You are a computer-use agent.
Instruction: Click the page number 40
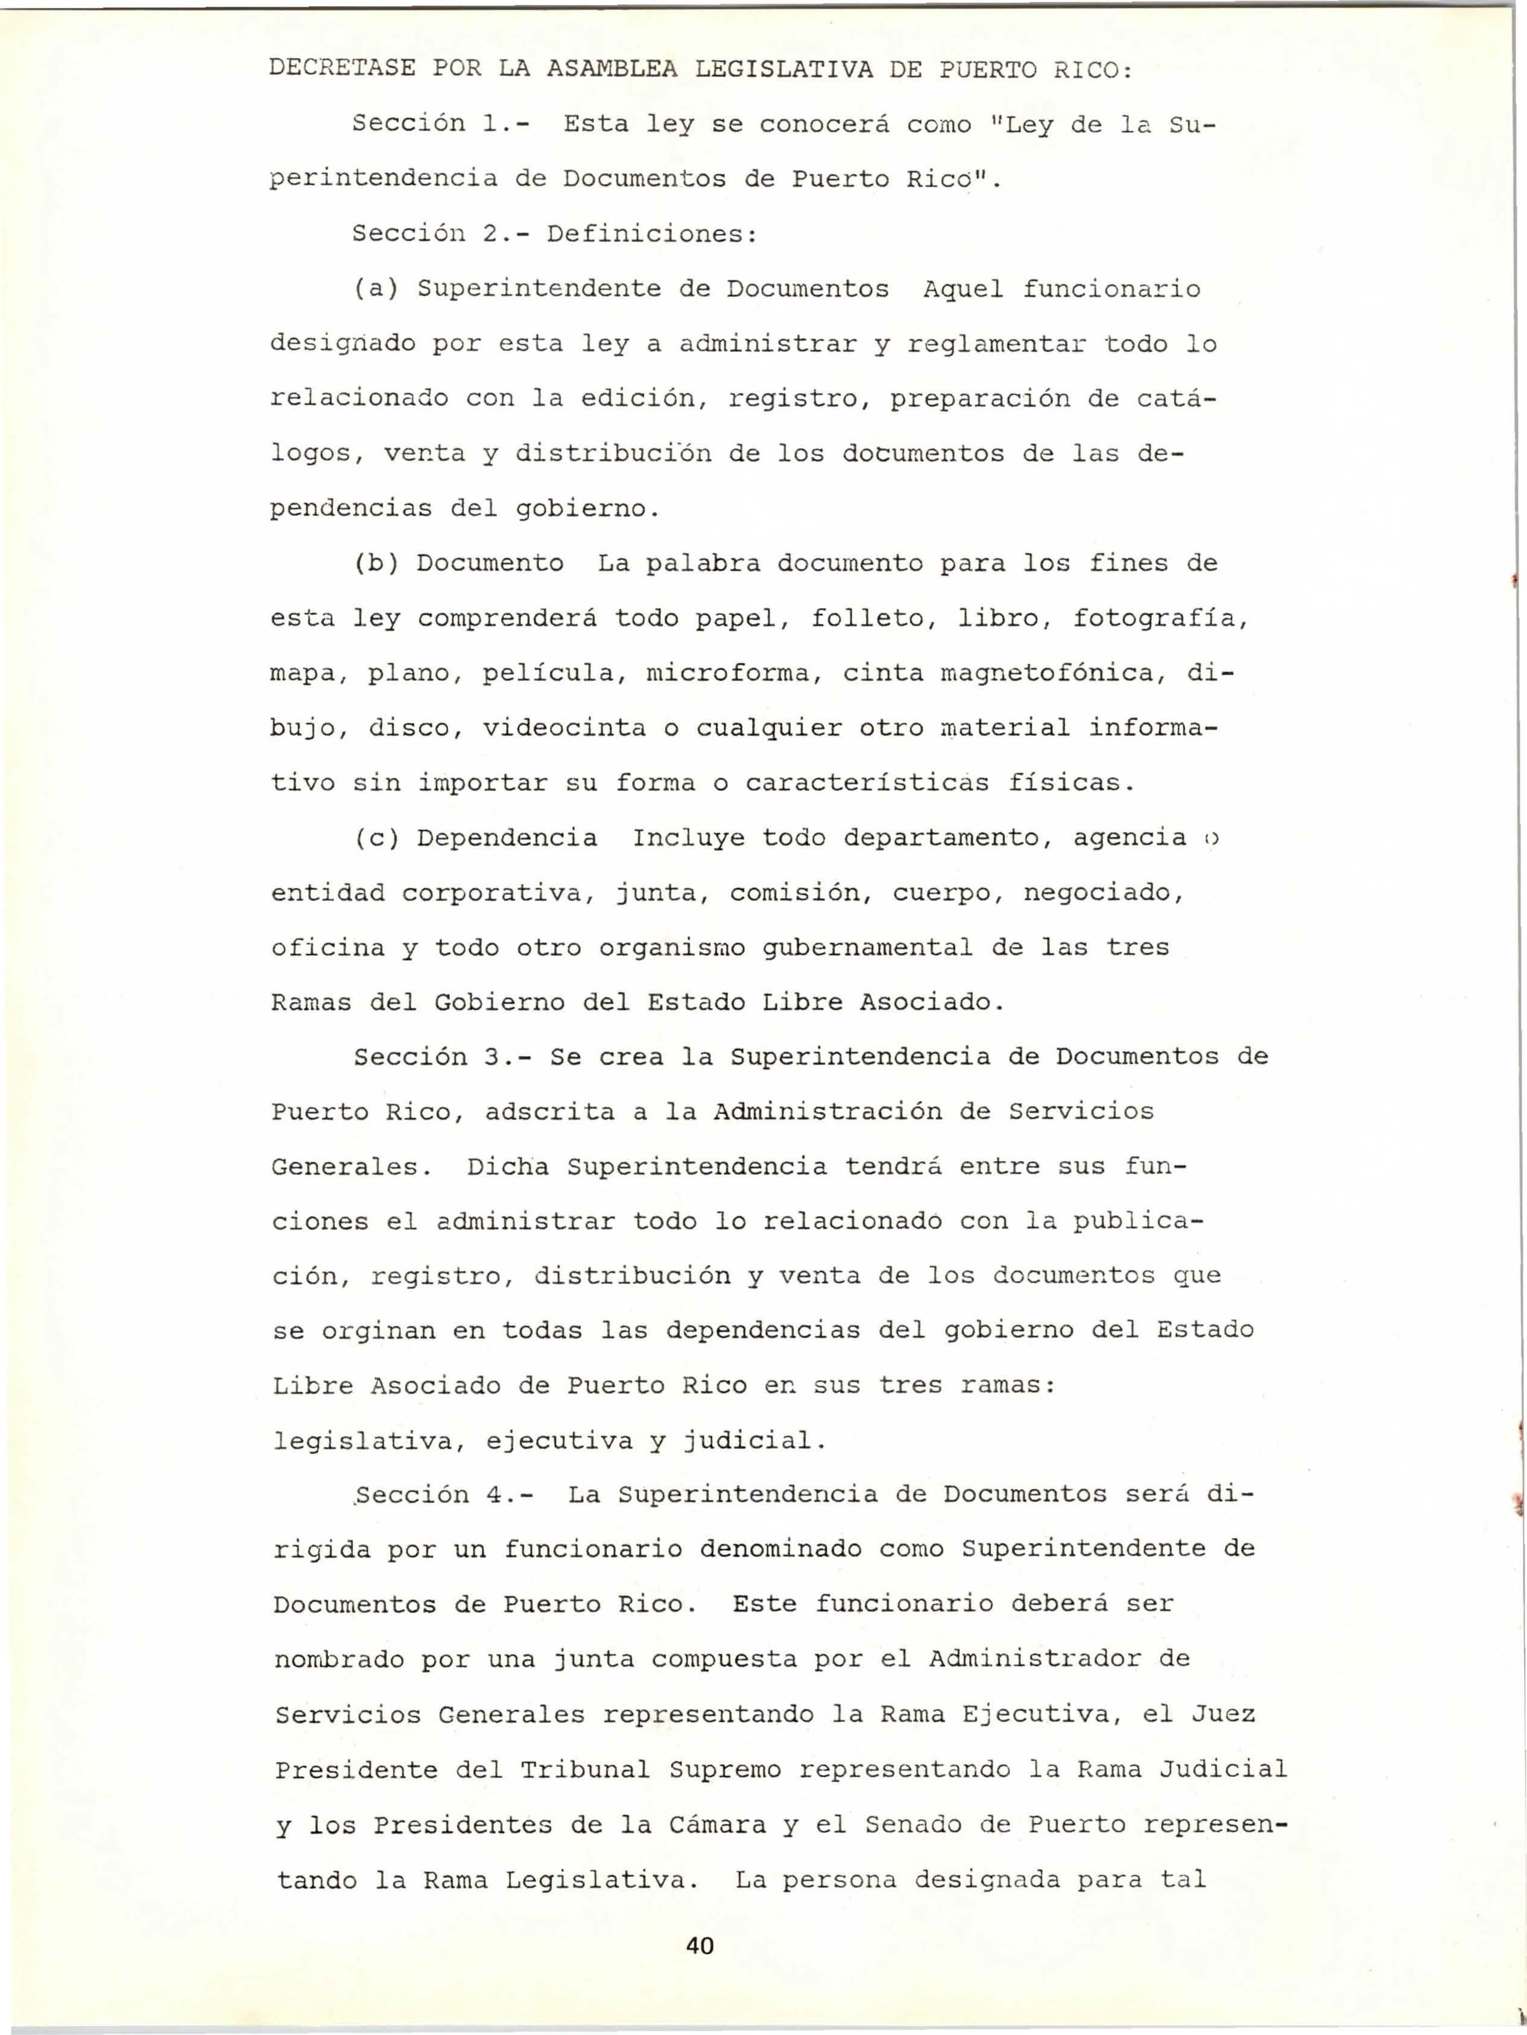[700, 1945]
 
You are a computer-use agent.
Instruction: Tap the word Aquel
[963, 290]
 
